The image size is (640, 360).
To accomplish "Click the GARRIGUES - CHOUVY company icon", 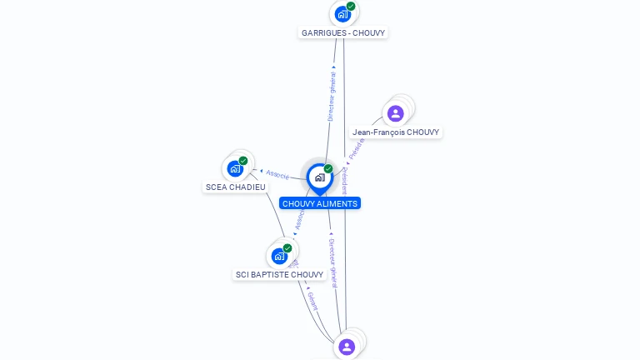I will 342,14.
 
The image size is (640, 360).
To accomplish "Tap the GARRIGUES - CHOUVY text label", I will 343,32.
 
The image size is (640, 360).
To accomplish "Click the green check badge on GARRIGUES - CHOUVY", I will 351,7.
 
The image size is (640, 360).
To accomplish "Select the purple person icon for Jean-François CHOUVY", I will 396,113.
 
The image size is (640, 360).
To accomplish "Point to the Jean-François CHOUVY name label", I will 396,132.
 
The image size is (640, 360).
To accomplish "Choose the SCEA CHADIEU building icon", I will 235,169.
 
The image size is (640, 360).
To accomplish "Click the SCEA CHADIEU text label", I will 236,187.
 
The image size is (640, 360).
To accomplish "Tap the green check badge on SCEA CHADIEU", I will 243,161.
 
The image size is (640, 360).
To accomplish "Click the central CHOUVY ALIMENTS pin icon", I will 319,177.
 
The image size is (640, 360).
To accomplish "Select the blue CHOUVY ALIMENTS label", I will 319,203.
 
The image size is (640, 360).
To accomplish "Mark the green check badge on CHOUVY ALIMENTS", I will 328,169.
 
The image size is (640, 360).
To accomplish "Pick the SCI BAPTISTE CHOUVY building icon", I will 279,256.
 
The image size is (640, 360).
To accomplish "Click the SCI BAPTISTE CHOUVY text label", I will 279,274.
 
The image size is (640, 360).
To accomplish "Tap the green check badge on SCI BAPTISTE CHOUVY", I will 287,248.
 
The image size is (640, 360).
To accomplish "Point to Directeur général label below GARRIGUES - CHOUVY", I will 332,97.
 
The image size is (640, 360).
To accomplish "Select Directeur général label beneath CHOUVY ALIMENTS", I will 332,262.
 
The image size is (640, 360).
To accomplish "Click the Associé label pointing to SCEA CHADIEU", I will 277,175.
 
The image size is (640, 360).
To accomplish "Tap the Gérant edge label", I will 312,301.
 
